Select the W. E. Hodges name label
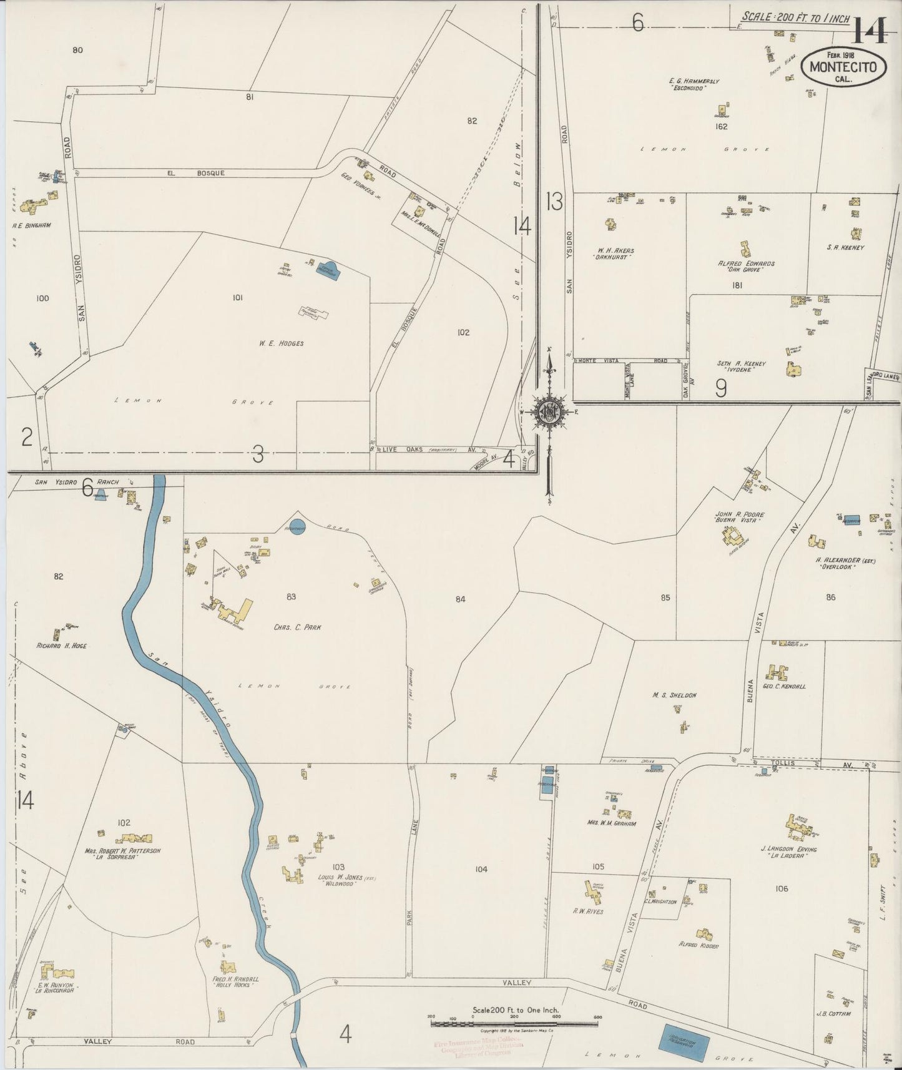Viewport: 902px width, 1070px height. (282, 343)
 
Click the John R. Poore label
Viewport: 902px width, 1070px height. (740, 515)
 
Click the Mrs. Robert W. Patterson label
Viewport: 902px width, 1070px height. (122, 851)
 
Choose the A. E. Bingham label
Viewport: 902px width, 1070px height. (31, 225)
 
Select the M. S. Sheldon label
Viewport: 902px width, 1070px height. (674, 695)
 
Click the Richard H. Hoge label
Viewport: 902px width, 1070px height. (62, 646)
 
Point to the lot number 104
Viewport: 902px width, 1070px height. (481, 869)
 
